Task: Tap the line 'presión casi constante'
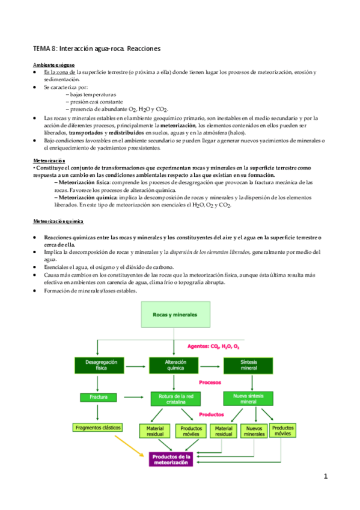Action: [x=95, y=102]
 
